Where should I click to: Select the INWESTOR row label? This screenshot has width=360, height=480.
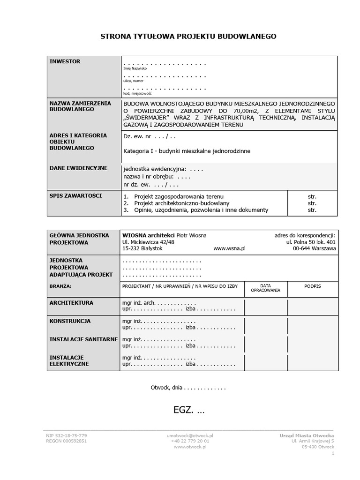[x=65, y=61]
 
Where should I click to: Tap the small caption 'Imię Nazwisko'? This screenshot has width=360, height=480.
[x=135, y=68]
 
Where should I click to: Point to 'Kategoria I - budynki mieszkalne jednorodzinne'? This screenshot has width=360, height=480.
[x=187, y=151]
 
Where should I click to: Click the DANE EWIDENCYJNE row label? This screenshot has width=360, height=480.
[x=78, y=168]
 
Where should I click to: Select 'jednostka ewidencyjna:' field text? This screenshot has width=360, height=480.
[x=154, y=169]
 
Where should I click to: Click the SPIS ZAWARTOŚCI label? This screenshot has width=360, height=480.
[x=75, y=195]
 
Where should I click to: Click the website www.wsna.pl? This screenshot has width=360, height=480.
[x=229, y=248]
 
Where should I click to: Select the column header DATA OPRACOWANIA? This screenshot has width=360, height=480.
[x=265, y=288]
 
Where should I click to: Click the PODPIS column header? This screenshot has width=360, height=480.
[x=312, y=285]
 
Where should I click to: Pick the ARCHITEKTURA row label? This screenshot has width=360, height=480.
[x=71, y=303]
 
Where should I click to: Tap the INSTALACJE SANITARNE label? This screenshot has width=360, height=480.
[x=83, y=339]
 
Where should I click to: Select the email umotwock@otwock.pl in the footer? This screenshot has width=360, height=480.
[x=190, y=435]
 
